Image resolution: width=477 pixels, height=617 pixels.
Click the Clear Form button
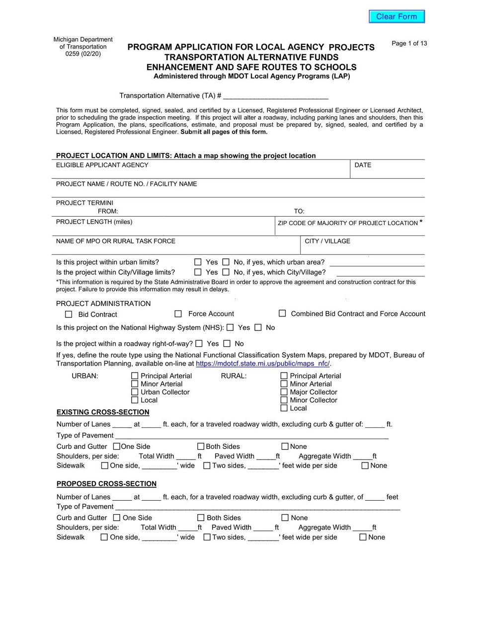coord(397,16)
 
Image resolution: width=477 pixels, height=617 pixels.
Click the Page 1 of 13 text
coord(409,43)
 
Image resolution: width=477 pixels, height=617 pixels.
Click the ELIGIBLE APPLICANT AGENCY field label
coord(102,165)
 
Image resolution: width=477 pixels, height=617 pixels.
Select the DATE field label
coord(363,165)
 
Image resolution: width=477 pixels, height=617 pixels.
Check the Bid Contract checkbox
coord(69,314)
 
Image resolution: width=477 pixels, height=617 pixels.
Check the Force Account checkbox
coord(178,314)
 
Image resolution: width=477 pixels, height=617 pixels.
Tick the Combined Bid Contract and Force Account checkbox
coord(282,313)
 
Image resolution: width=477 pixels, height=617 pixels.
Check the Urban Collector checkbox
coord(135,392)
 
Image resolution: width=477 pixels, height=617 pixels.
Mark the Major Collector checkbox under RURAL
coord(284,392)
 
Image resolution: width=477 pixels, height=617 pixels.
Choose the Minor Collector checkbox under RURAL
coord(284,400)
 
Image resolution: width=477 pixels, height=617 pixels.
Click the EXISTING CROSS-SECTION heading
coord(103,412)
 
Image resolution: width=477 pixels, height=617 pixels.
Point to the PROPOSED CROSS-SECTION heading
coord(106,484)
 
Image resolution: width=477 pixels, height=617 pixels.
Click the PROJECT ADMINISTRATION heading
coord(103,304)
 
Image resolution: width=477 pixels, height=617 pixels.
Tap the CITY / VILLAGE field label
coord(327,241)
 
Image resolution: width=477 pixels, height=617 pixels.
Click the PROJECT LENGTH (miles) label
coord(94,222)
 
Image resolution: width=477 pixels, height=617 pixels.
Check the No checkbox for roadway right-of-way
coord(227,343)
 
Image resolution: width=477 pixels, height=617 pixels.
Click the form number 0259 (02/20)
coord(83,54)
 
